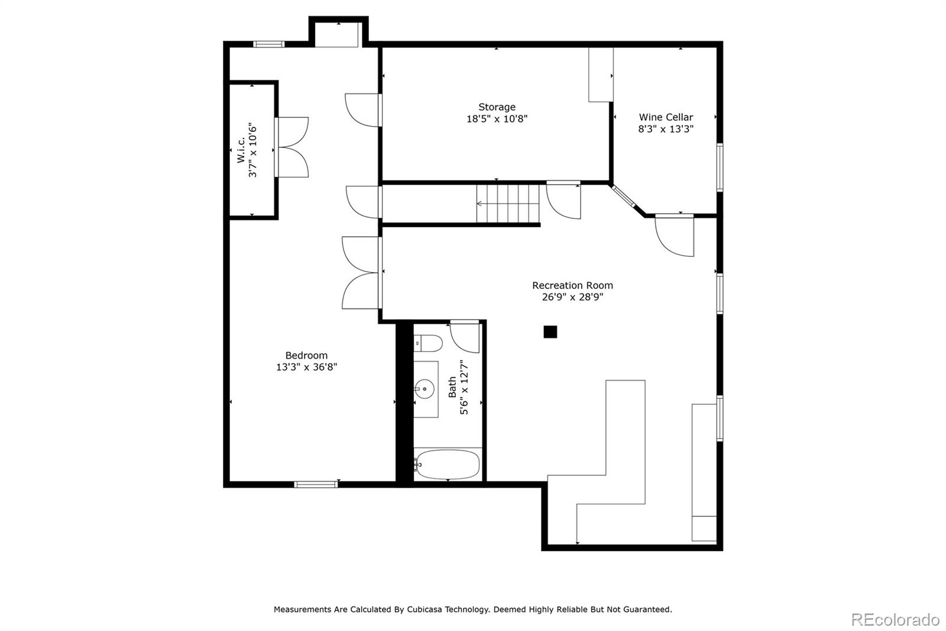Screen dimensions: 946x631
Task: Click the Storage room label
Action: click(x=497, y=107)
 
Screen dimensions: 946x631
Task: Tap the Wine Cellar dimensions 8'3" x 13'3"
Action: click(x=666, y=129)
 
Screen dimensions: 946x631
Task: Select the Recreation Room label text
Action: click(x=572, y=285)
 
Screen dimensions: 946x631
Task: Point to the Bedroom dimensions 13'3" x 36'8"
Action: click(x=306, y=367)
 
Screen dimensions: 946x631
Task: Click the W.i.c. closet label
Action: click(x=241, y=150)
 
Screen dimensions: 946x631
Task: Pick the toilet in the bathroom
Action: click(x=428, y=343)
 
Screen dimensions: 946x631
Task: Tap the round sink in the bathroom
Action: click(x=424, y=389)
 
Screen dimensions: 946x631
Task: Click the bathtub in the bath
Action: click(x=448, y=464)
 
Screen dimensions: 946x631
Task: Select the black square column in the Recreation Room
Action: click(x=550, y=332)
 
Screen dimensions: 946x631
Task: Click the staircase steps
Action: click(x=508, y=204)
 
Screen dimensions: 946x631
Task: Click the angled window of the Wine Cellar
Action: click(x=624, y=197)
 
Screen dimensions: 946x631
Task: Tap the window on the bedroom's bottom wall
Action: click(x=316, y=485)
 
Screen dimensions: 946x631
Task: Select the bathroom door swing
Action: click(x=465, y=337)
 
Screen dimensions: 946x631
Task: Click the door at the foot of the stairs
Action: click(x=563, y=200)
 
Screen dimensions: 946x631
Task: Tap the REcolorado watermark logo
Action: click(x=895, y=620)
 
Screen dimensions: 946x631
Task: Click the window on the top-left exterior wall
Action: click(x=268, y=44)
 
